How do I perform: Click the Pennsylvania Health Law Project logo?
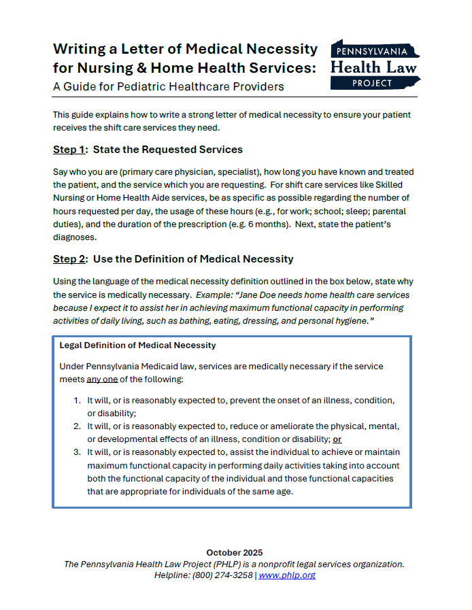[374, 65]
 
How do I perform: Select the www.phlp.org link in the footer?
[286, 575]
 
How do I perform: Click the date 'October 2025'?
[235, 552]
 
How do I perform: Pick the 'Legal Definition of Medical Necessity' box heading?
[138, 345]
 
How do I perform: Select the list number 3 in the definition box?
[78, 452]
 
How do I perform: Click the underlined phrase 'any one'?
[103, 379]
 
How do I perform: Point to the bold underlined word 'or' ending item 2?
[337, 439]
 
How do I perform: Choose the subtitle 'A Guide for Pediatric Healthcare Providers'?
[169, 87]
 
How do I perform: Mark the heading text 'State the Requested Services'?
[168, 150]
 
